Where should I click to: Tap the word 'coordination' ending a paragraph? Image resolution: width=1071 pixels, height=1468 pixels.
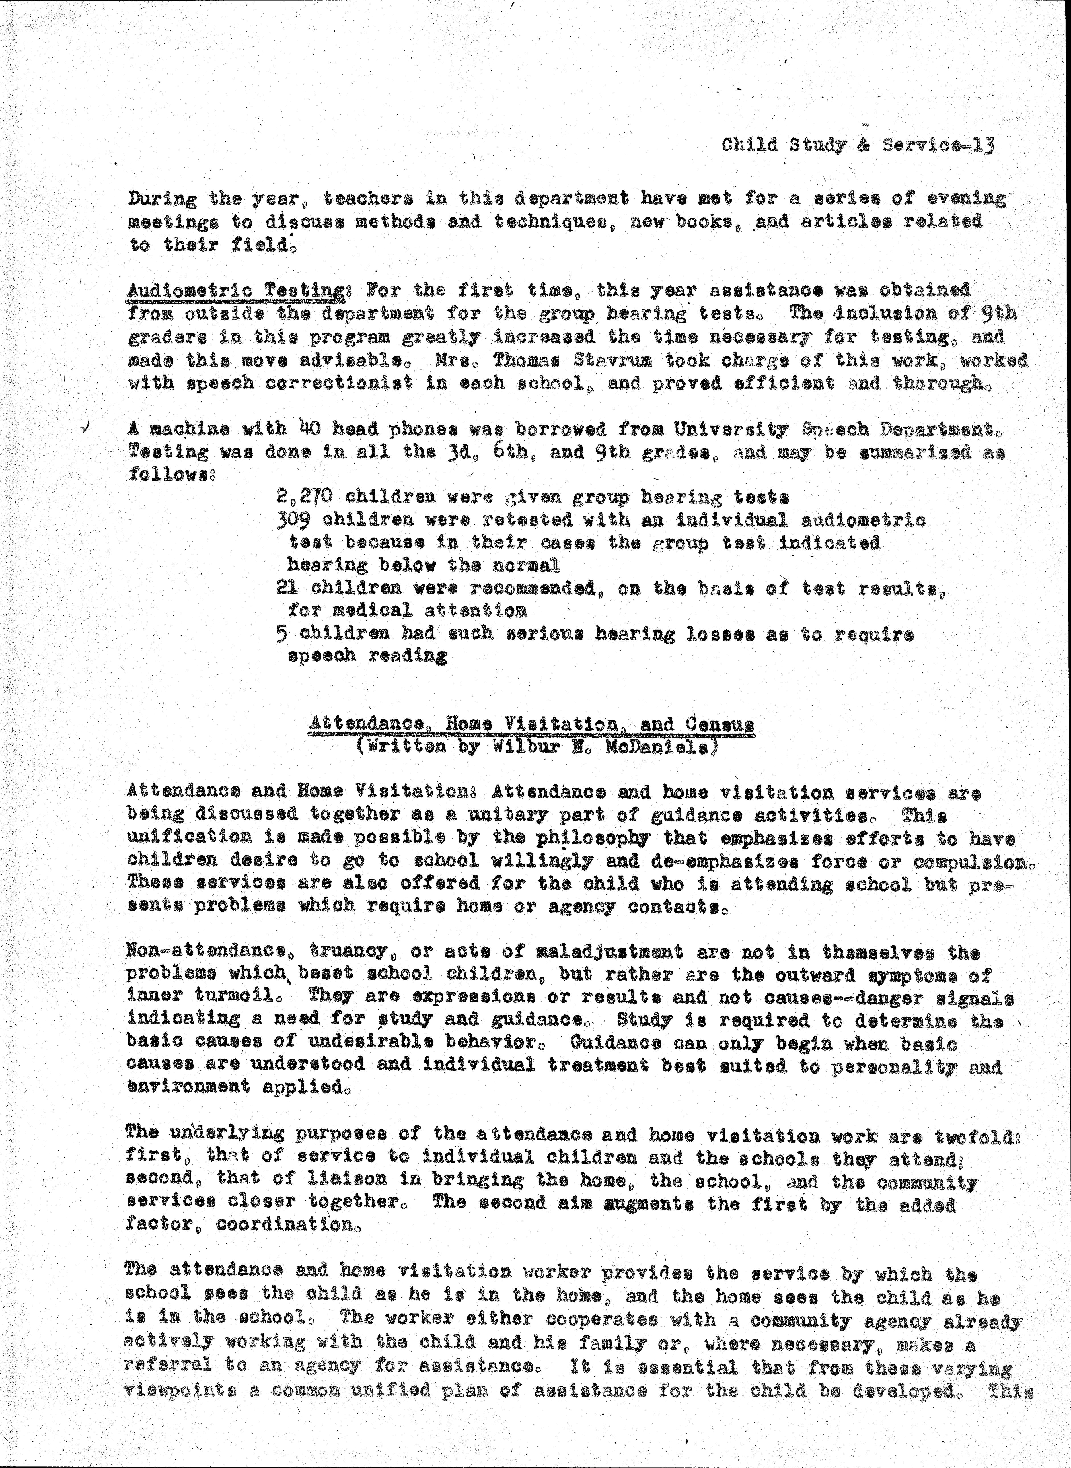pos(283,1226)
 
